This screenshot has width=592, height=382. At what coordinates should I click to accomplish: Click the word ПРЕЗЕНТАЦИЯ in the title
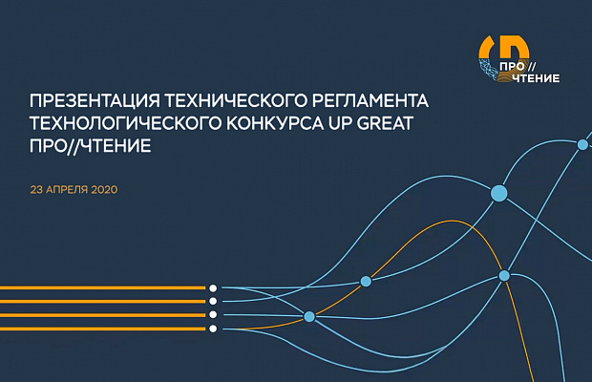(x=92, y=101)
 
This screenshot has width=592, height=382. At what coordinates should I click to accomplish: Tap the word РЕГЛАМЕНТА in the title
(x=370, y=101)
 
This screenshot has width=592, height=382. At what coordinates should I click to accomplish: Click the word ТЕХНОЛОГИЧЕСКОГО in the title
(x=125, y=123)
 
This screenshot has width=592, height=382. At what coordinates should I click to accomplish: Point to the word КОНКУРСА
(x=276, y=123)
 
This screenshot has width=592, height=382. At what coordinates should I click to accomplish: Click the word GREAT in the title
(x=385, y=123)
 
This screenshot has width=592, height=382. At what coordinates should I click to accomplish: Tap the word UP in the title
(x=340, y=123)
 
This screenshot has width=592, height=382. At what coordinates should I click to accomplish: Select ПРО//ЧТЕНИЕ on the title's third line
(x=91, y=146)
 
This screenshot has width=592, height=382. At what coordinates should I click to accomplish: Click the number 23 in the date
(x=36, y=189)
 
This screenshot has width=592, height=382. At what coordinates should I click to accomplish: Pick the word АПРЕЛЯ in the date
(x=67, y=189)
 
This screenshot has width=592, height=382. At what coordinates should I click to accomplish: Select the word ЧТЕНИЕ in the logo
(x=536, y=78)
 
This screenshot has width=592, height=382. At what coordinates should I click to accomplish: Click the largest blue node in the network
(x=498, y=193)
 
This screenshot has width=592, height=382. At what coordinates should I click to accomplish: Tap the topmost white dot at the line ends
(x=213, y=288)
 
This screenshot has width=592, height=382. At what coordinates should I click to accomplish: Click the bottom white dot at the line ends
(x=213, y=329)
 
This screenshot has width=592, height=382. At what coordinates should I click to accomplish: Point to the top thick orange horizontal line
(x=103, y=288)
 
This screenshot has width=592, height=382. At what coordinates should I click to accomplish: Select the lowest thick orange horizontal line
(x=103, y=329)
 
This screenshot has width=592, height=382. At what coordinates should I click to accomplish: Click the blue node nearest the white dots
(x=309, y=317)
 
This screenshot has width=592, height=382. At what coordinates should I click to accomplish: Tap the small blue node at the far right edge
(x=583, y=144)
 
